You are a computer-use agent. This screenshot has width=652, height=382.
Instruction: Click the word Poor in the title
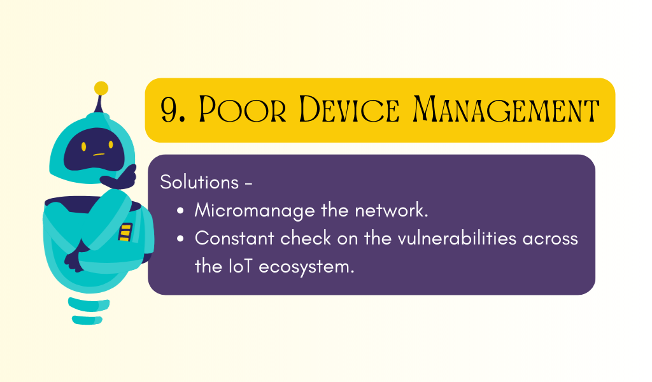coord(243,110)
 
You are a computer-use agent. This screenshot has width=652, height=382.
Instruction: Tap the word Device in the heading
coord(349,110)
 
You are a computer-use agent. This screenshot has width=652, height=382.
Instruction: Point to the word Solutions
coord(199,182)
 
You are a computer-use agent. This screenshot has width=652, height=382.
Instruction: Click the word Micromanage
coord(255,211)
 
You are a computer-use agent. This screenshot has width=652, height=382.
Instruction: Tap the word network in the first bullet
coord(392,210)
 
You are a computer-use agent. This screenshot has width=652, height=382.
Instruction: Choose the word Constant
coord(234,239)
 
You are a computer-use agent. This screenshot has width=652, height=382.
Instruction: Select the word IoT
coord(240,266)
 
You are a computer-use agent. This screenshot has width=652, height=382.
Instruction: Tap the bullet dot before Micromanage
coord(180,211)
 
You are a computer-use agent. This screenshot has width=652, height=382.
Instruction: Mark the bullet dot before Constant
coord(180,239)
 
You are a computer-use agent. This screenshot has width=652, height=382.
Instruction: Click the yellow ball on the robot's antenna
coord(101,88)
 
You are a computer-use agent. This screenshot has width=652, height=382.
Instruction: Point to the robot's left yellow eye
coord(83,146)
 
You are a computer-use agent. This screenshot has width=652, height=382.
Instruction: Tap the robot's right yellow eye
coord(111,145)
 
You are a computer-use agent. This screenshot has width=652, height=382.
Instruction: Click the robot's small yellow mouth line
coord(99,155)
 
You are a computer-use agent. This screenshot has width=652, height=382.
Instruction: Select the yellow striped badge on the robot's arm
coord(125,232)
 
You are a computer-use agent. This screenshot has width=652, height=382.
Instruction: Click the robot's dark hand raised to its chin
coord(120,178)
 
